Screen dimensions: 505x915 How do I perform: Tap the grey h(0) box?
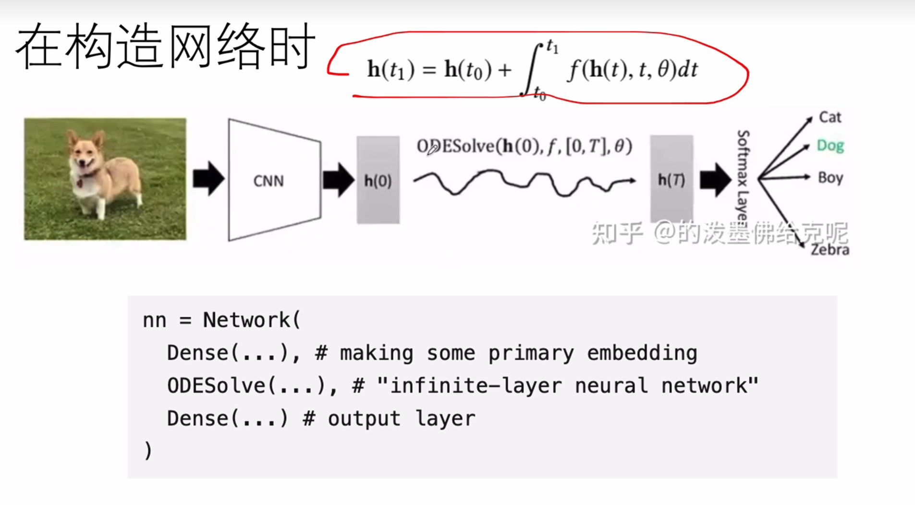[378, 180]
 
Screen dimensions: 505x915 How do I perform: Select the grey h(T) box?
[671, 179]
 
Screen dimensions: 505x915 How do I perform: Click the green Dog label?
[830, 145]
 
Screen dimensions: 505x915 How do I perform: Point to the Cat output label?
[830, 117]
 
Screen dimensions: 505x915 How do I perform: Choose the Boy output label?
[830, 178]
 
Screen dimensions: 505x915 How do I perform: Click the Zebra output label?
[830, 250]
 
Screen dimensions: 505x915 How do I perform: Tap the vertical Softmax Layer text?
[743, 178]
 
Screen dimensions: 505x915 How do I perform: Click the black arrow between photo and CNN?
[208, 179]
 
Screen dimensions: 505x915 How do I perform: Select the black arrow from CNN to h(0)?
[338, 180]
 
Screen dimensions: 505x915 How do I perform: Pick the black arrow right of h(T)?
[715, 180]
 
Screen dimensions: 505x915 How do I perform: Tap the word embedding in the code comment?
[642, 353]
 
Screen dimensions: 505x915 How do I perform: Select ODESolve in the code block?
[216, 386]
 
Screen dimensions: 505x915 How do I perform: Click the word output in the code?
[364, 419]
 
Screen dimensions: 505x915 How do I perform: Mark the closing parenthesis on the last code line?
[148, 451]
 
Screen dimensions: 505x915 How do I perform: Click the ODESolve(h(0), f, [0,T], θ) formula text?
[524, 146]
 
